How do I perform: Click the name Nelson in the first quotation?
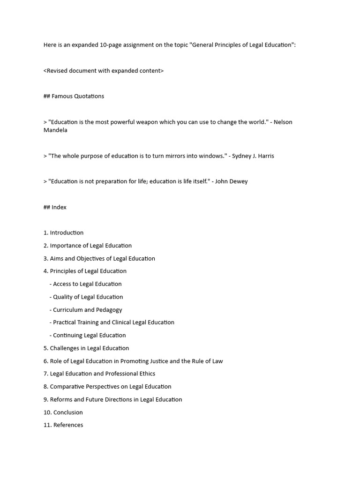point(283,122)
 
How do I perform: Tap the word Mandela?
point(55,130)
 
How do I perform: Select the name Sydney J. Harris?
point(253,156)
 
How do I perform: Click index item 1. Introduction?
point(63,232)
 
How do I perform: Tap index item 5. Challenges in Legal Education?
point(86,348)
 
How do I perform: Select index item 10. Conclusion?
point(63,412)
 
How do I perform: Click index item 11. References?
point(63,425)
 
